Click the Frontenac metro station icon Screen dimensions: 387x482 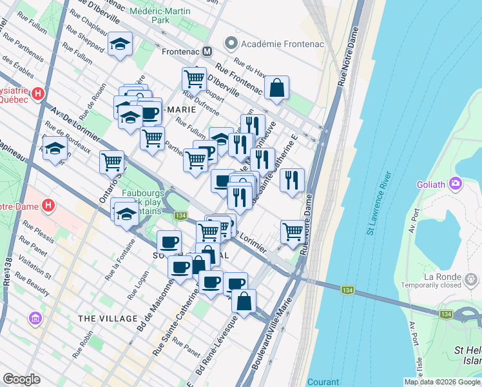207,51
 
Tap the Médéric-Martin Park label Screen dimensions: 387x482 160,16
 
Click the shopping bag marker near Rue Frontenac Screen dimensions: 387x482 276,89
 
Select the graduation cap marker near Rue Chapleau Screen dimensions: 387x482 120,45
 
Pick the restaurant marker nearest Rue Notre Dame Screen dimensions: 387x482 292,180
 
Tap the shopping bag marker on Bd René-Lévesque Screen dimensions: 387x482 244,301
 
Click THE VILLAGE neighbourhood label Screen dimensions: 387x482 108,319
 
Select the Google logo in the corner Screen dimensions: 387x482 22,379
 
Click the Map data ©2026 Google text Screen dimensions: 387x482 441,382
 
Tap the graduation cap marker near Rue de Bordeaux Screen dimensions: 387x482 55,148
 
